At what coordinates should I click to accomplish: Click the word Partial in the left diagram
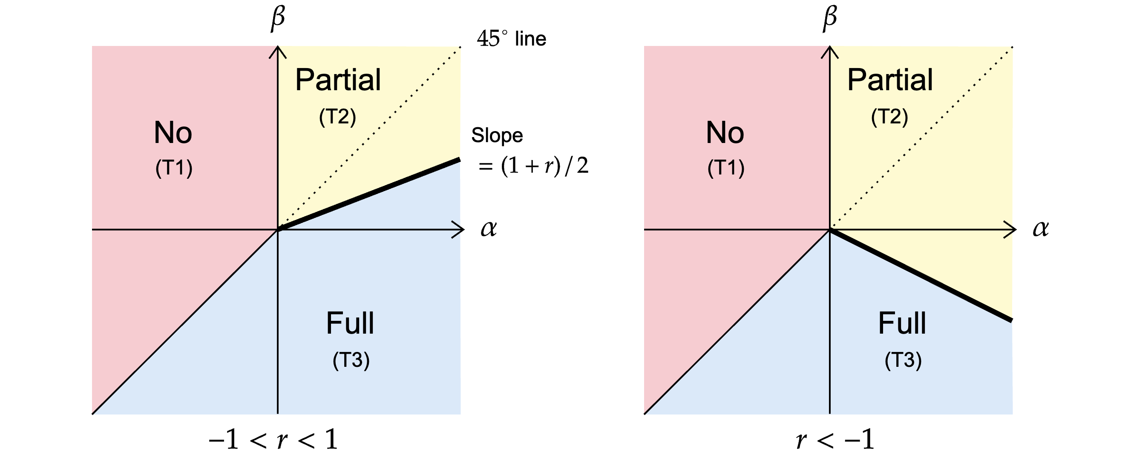coord(338,80)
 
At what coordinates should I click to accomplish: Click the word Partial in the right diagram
coord(890,80)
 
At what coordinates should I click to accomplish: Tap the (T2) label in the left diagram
coord(337,117)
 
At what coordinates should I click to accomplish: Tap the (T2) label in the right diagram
coord(889,117)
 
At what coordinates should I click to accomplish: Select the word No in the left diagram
coord(173,133)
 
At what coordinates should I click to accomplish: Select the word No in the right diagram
coord(725,133)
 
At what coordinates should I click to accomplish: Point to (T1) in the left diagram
coord(174,168)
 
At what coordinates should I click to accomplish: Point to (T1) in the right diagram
coord(726,168)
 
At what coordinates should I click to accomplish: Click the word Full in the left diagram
coord(350,323)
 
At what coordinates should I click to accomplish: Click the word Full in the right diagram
coord(902,323)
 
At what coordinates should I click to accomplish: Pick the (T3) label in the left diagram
coord(351,360)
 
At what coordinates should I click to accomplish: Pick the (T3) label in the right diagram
coord(903,360)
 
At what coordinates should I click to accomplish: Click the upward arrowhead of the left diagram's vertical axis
coord(278,51)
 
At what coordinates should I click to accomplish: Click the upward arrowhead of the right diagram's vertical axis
coord(830,51)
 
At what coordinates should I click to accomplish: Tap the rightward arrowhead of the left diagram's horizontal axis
coord(457,229)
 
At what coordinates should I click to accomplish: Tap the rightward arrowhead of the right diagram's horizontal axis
coord(1008,229)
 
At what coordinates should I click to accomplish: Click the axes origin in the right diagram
coord(830,229)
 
